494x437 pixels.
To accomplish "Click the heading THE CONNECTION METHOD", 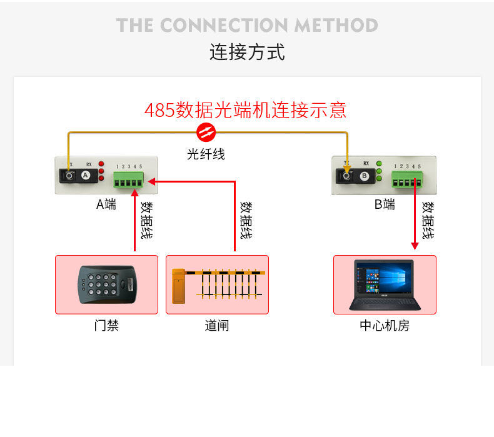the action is (246, 26).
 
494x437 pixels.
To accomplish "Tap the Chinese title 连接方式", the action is (246, 52).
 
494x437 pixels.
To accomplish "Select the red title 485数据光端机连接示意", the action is (245, 111).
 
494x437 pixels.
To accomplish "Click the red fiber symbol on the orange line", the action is (206, 132).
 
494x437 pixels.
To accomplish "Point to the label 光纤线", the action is (206, 153).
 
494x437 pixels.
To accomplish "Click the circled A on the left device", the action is (86, 176).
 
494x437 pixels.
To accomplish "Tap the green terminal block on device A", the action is (128, 181).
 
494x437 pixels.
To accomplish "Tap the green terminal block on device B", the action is (406, 181).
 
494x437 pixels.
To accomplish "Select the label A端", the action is (106, 204).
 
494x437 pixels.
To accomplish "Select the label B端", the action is (385, 204).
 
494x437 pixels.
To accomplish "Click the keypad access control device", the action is (106, 284).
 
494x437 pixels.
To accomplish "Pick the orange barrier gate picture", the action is (217, 284).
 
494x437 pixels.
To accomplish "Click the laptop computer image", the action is (385, 284).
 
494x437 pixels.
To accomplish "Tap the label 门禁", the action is (106, 325).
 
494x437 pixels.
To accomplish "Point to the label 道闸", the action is (217, 325).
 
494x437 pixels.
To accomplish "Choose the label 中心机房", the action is (385, 325).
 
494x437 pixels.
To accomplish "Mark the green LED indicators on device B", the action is (379, 171).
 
